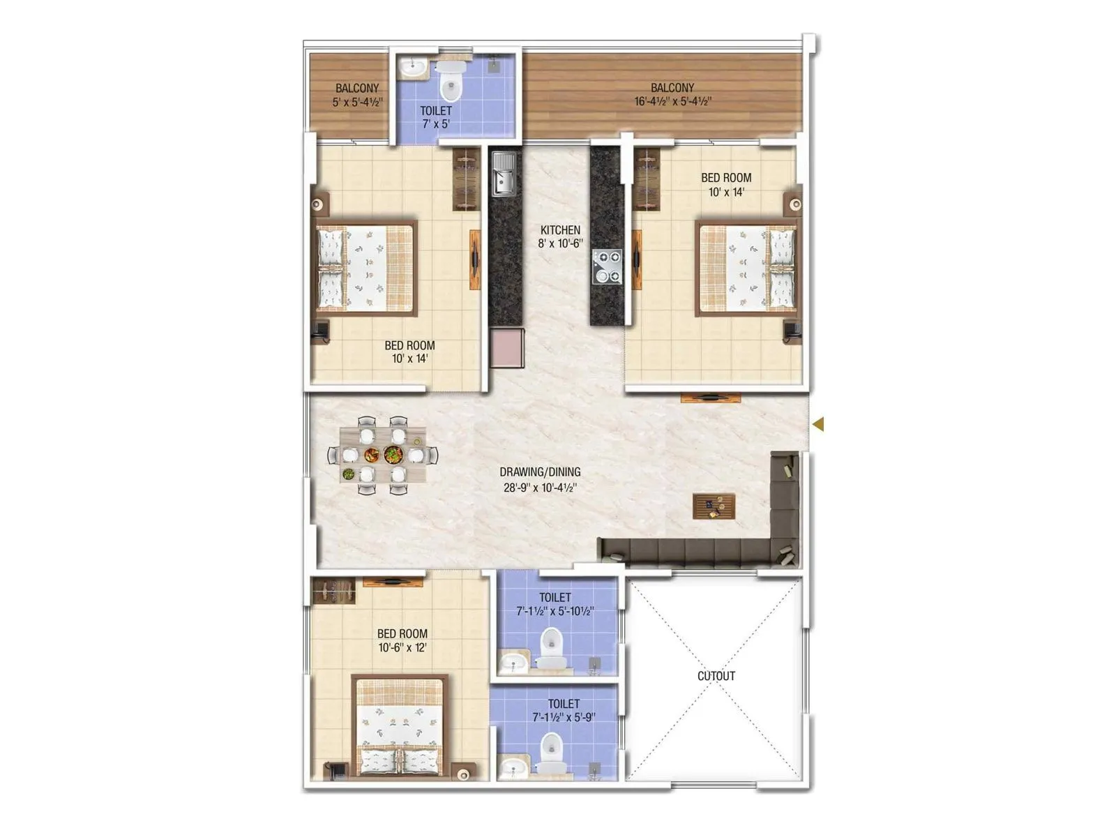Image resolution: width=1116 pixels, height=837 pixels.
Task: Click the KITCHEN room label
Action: (560, 230)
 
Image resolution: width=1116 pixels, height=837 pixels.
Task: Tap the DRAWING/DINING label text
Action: (540, 472)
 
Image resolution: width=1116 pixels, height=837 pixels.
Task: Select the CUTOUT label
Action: (716, 676)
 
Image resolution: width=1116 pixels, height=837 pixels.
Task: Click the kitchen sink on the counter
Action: (503, 174)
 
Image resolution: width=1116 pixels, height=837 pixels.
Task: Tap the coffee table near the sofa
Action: (714, 506)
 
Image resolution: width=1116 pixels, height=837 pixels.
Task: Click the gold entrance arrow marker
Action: (818, 423)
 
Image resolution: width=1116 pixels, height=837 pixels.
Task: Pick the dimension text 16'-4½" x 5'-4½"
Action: (672, 102)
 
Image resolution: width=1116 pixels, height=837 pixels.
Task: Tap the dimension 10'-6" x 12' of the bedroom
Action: (402, 647)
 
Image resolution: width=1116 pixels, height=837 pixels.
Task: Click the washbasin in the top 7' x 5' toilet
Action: (414, 67)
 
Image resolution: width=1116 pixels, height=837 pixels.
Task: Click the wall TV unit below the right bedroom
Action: (710, 398)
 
